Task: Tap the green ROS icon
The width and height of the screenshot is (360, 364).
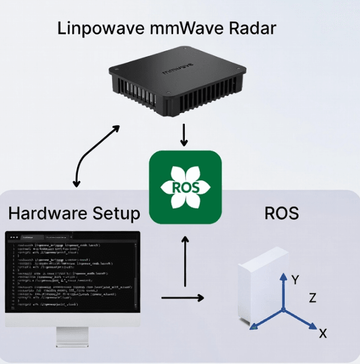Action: pos(185,187)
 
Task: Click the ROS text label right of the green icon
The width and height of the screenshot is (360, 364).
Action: pos(282,213)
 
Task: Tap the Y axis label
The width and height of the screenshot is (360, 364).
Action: pos(296,280)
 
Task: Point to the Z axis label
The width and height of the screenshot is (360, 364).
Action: pos(312,299)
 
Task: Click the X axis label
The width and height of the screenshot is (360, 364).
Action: pos(323,333)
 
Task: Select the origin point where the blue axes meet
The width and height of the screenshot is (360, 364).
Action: pos(283,309)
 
